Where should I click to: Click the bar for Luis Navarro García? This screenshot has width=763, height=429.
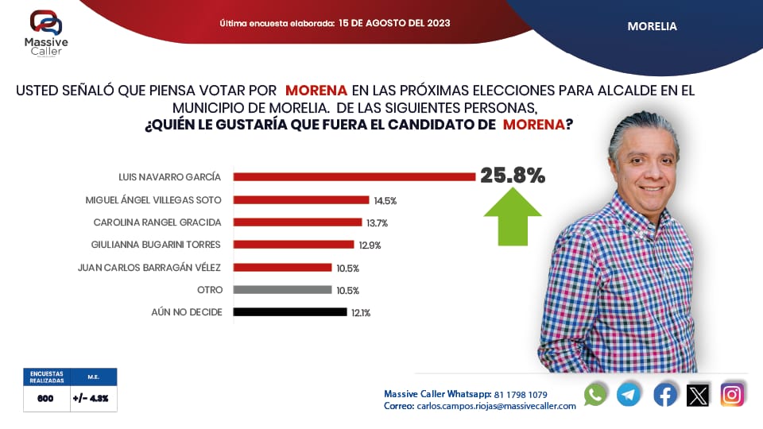pos(354,176)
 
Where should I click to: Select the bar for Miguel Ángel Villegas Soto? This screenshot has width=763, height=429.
pos(302,199)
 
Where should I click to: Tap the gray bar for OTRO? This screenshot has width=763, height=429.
pos(282,290)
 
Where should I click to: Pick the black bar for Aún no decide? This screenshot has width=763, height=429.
pos(290,312)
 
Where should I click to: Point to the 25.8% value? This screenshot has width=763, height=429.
pos(513,176)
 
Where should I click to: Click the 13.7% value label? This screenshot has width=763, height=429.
pos(377,222)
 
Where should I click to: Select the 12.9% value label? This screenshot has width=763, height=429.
pos(370,245)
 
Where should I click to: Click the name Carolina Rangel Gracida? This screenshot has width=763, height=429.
pos(157,222)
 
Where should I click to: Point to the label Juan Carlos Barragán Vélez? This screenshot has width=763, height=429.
pos(149,267)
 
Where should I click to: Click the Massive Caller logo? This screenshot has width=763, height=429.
pos(45,33)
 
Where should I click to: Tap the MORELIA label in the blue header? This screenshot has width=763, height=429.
pos(652,26)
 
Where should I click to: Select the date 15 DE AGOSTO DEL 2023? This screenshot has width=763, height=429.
pos(394,23)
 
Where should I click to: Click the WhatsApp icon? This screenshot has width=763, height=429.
pos(595,394)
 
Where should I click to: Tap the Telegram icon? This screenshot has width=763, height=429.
pos(629,394)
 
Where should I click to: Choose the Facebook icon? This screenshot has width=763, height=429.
pos(665,394)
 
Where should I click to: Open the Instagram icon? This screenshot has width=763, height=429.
pos(732,394)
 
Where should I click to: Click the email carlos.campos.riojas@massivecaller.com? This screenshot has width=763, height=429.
pos(496,406)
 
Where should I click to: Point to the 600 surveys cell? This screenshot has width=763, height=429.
pos(45,399)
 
